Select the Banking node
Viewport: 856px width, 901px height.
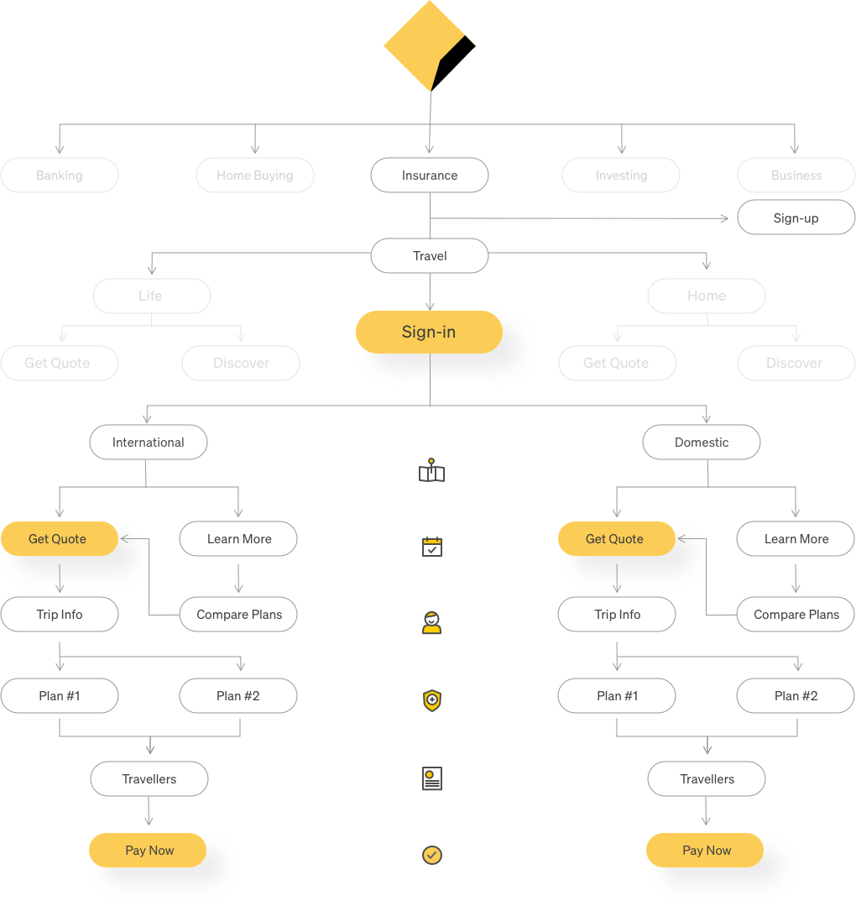pos(60,175)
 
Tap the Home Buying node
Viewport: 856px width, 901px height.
pos(255,175)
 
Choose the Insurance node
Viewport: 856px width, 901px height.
pos(430,175)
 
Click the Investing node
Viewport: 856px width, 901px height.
pos(621,175)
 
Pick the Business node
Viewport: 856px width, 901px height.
pos(796,175)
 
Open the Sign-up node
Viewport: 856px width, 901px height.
pos(796,218)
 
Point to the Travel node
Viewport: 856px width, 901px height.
pos(430,256)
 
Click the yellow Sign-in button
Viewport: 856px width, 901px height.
pos(429,333)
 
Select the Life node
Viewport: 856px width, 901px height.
pos(151,296)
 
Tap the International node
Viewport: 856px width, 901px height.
pos(149,443)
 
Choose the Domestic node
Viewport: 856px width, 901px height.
pos(702,443)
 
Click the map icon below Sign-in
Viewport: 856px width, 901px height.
pos(431,472)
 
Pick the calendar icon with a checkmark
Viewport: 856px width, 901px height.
pos(431,547)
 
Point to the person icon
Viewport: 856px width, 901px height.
pos(431,623)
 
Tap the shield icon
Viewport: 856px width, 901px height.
pos(431,700)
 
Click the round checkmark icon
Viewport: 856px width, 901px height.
pos(431,855)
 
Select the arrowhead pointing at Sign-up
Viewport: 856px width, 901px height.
pos(724,218)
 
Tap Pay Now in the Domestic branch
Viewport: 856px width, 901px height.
pos(706,851)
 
